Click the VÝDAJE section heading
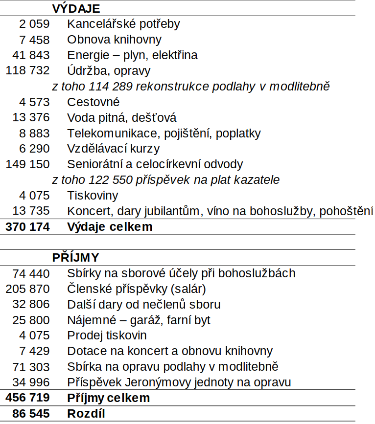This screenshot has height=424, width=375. [76, 8]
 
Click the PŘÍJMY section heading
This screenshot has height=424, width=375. [75, 258]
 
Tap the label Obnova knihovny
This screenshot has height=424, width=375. [114, 40]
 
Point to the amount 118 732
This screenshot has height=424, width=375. [27, 71]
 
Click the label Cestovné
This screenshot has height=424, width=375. [93, 102]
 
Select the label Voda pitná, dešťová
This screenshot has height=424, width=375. [121, 118]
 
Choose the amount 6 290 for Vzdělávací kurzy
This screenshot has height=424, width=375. [34, 149]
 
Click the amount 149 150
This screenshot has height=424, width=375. [27, 164]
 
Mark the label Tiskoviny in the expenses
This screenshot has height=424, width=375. [93, 196]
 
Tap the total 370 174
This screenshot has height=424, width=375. [27, 227]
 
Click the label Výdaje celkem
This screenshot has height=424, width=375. [110, 227]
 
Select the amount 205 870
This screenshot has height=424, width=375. [27, 289]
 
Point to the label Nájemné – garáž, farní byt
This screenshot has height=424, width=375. [139, 320]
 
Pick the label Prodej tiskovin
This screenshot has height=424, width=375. [107, 336]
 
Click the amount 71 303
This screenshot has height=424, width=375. [31, 367]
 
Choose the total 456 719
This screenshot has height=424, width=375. [27, 398]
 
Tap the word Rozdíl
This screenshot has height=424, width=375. [86, 414]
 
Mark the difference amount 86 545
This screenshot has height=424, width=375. [31, 414]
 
